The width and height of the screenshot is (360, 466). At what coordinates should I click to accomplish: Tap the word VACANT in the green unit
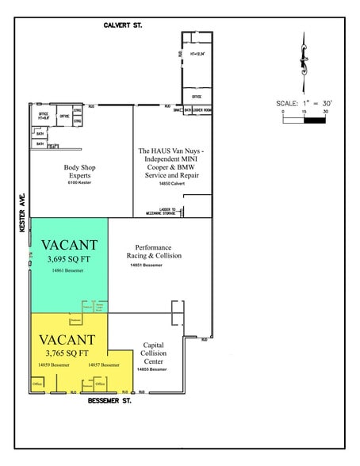(69, 244)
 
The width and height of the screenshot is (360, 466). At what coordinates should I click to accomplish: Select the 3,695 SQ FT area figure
(69, 258)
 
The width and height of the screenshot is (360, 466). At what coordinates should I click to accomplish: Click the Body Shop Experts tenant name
(81, 171)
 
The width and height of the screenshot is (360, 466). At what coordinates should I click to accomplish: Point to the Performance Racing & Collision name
(154, 251)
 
